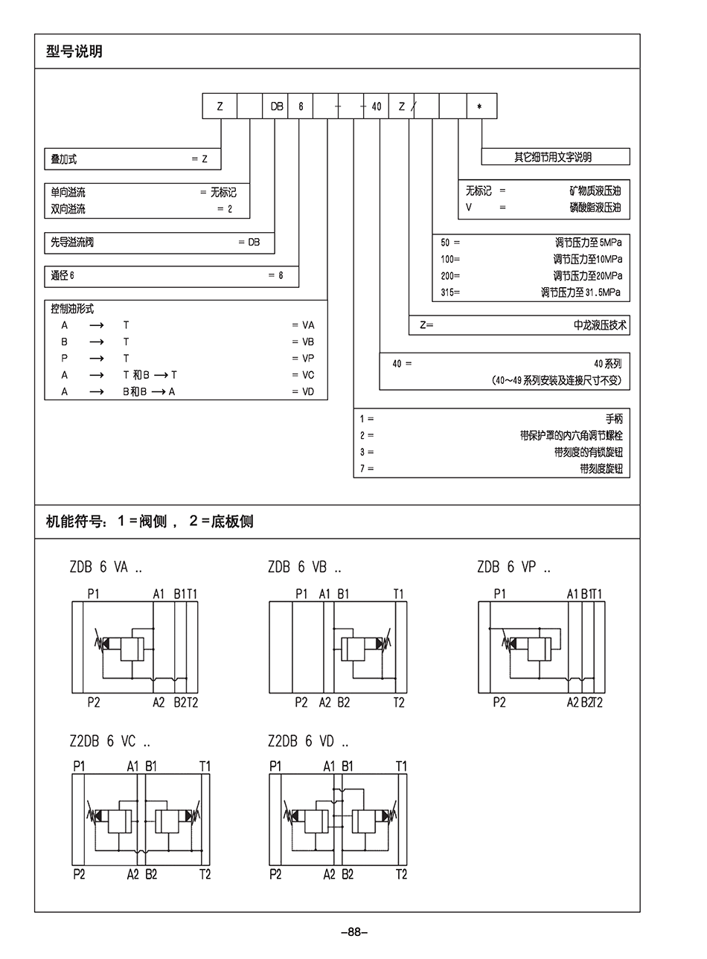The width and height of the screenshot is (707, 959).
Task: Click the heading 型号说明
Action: (x=74, y=51)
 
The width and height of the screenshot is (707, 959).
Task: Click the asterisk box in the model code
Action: (x=481, y=106)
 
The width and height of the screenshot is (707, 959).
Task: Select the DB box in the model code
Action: (x=277, y=106)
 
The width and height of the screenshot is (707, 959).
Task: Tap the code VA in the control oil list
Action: (x=308, y=325)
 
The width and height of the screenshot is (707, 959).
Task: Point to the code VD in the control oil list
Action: (x=308, y=391)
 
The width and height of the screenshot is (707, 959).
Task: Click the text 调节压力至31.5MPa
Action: (x=580, y=292)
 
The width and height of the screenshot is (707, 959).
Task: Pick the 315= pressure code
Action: (x=450, y=292)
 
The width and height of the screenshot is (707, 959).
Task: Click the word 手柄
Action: (x=613, y=419)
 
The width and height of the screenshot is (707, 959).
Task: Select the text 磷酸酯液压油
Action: (x=595, y=208)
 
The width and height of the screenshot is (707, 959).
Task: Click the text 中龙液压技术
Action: (x=600, y=325)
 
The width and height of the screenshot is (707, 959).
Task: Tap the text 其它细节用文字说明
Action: (x=553, y=157)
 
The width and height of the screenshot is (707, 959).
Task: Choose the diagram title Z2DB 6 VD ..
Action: (x=307, y=741)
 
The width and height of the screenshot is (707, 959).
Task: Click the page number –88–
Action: (x=353, y=931)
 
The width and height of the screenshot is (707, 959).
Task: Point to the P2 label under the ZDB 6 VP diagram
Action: (x=499, y=702)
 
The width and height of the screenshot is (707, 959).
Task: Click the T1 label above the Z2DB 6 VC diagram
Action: (x=205, y=766)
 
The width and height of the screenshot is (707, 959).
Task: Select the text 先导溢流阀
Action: (x=72, y=242)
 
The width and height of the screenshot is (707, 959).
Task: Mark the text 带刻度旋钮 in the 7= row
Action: (x=601, y=469)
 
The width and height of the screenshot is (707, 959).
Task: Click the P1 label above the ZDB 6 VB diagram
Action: (x=301, y=594)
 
